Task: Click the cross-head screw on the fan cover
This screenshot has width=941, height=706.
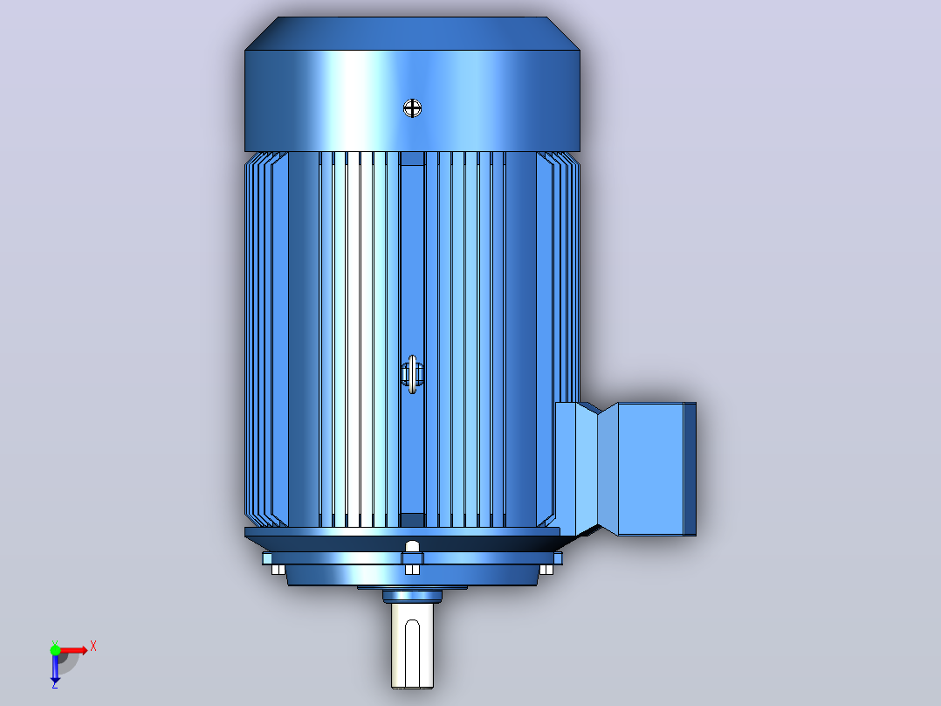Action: coord(412,108)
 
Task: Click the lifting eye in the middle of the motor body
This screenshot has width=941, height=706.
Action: coord(412,374)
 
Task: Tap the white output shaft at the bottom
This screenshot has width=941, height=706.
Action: coord(412,646)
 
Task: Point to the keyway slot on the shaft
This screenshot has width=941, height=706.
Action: coord(412,652)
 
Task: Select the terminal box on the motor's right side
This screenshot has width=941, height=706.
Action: coord(626,469)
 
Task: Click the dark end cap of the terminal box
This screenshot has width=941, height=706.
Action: coord(690,469)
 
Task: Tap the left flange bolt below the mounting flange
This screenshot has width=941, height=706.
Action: coord(278,570)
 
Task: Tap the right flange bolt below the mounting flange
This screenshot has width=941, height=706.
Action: coord(546,570)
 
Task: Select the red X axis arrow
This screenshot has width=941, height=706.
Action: coord(72,650)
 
